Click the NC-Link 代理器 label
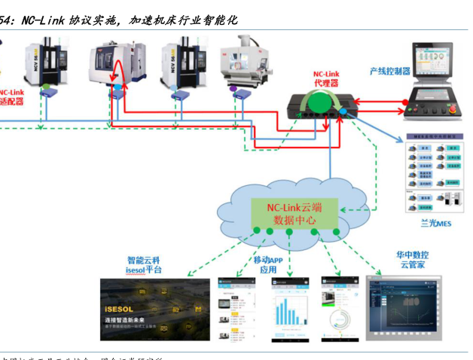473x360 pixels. click(x=326, y=78)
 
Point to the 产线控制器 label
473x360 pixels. click(x=389, y=71)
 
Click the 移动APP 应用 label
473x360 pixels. click(x=268, y=264)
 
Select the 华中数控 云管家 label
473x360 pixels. click(x=410, y=260)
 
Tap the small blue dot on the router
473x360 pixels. click(x=343, y=111)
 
